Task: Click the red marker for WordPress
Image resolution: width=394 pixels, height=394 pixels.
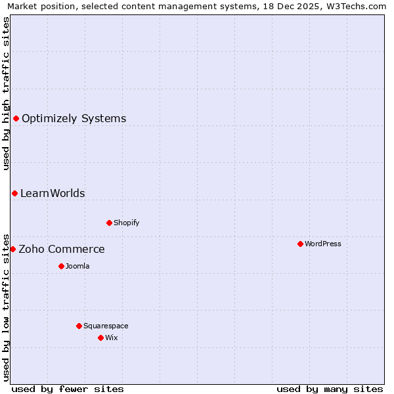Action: click(300, 244)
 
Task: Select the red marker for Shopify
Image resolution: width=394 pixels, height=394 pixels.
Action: click(109, 223)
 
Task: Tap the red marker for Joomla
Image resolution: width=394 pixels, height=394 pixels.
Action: click(61, 266)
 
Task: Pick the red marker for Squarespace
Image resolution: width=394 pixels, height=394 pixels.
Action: click(79, 326)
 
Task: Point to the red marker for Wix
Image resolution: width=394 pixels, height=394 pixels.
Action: click(100, 338)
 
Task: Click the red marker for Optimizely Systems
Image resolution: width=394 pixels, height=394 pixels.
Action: click(16, 118)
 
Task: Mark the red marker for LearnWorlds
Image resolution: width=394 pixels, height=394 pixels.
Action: click(14, 193)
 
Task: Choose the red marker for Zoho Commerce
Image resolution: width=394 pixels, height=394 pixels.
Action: click(12, 249)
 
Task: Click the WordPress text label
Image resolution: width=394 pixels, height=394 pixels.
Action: click(323, 244)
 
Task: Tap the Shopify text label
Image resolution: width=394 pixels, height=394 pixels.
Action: click(127, 223)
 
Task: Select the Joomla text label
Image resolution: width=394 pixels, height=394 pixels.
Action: click(77, 266)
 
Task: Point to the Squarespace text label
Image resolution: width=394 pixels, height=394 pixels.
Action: click(106, 326)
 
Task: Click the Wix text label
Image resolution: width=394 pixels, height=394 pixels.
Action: click(111, 338)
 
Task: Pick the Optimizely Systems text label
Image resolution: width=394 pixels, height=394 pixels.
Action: click(74, 119)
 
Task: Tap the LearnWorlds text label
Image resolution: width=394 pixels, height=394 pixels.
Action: click(53, 193)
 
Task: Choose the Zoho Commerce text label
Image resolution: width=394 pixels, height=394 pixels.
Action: click(62, 250)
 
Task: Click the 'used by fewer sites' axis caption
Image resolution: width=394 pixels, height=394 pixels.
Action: click(68, 389)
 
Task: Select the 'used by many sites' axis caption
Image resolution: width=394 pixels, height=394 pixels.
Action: click(330, 389)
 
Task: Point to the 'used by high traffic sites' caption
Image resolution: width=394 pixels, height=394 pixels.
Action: click(7, 94)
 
